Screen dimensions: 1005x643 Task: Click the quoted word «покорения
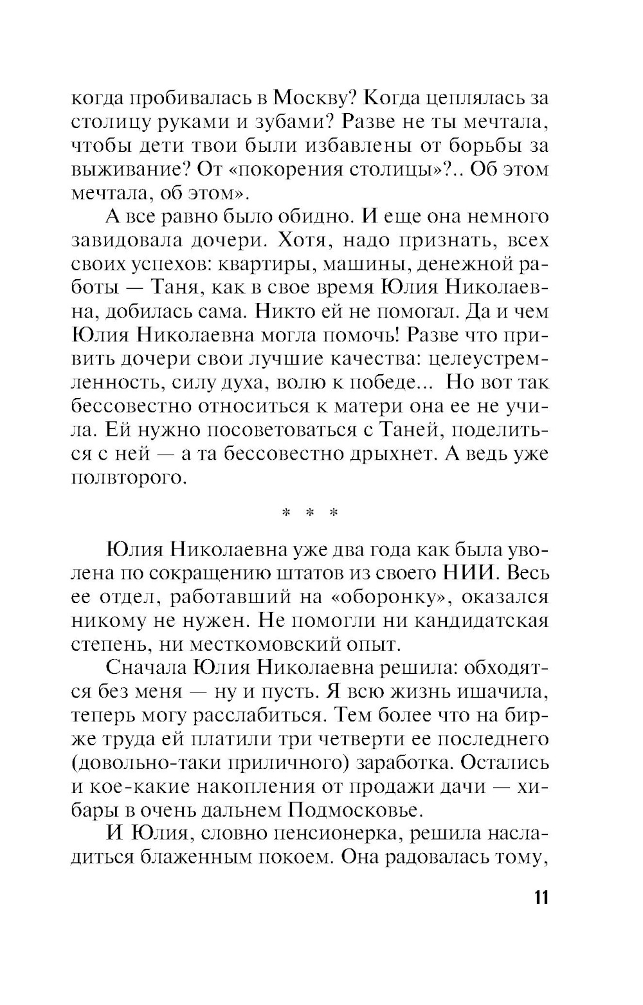249,169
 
